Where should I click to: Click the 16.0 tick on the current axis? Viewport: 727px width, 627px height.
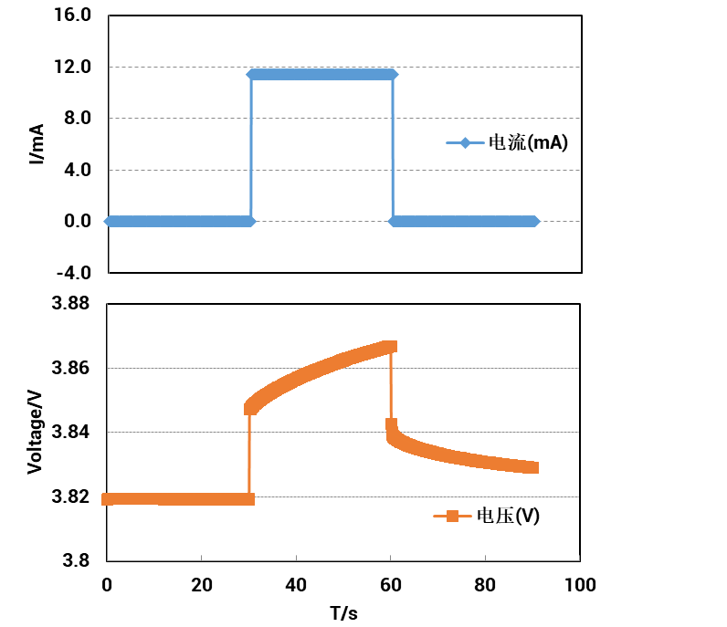point(73,16)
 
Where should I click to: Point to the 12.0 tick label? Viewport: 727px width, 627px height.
point(73,67)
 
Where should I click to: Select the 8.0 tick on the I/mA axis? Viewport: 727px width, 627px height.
point(78,119)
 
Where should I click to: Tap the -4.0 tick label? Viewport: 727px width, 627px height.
point(73,272)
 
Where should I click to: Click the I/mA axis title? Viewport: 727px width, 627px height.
point(37,143)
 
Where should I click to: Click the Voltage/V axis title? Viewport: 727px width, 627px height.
point(36,431)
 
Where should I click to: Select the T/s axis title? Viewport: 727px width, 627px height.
point(343,612)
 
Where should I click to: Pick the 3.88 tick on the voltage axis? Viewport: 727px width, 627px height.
point(72,304)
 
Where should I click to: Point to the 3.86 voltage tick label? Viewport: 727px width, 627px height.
point(72,368)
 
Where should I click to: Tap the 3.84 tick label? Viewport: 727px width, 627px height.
point(72,432)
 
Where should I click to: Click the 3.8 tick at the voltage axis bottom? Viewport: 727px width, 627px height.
point(77,560)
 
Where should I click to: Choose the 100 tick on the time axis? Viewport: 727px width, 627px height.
point(580,584)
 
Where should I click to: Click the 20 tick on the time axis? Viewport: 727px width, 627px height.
point(201,584)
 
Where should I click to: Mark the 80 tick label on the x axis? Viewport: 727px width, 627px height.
point(485,584)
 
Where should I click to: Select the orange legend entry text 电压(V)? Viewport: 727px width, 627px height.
point(508,516)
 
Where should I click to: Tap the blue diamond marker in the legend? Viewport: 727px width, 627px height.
point(465,142)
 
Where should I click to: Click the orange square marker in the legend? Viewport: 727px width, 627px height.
point(451,516)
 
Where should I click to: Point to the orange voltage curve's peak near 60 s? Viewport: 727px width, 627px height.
point(390,347)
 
